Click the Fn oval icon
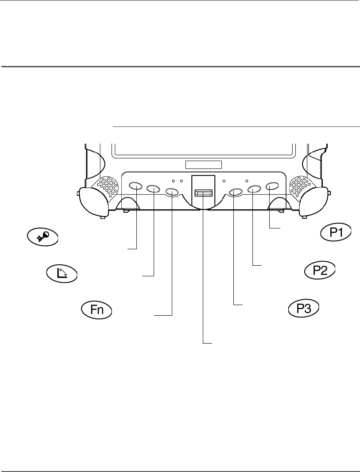click(x=97, y=310)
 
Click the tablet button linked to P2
click(x=254, y=189)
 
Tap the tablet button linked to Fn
click(x=172, y=192)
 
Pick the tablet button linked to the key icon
click(x=135, y=186)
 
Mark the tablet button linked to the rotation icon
click(x=153, y=189)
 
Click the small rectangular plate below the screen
click(x=203, y=165)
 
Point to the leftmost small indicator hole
click(x=173, y=181)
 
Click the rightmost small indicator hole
click(x=246, y=181)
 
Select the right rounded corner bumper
click(x=314, y=201)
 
